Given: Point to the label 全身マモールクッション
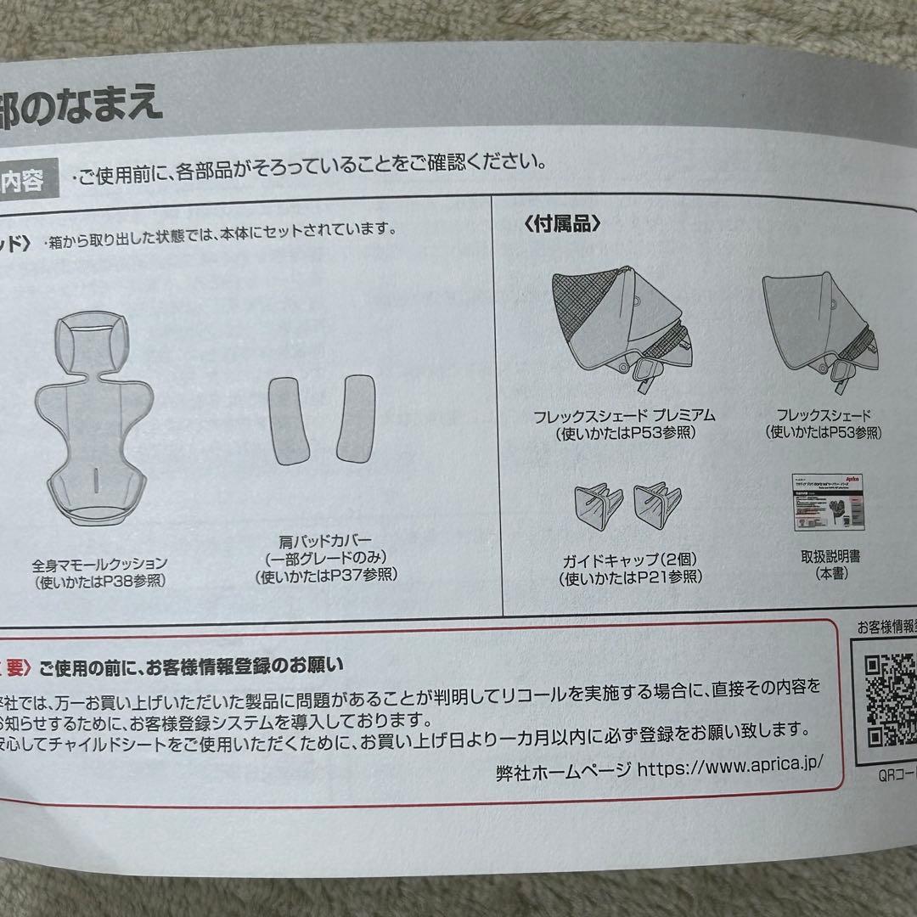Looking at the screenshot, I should click(x=100, y=564).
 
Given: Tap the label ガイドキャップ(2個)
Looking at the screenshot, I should click(x=630, y=561).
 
